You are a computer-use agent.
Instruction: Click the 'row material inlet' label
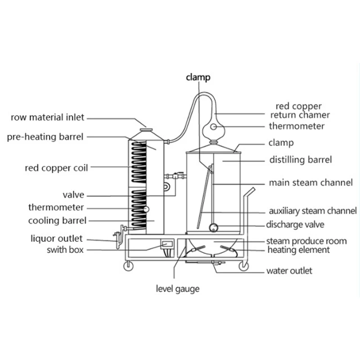point(47,118)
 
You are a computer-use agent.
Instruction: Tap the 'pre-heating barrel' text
point(45,137)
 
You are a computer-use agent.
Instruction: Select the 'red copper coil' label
point(56,168)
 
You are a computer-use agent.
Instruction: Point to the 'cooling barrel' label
point(57,220)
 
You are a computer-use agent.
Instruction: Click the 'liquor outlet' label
point(57,238)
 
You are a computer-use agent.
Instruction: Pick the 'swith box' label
point(65,250)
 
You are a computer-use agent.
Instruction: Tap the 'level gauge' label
point(177,289)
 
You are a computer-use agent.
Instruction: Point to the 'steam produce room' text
point(306,241)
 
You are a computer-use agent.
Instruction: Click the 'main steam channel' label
point(310,183)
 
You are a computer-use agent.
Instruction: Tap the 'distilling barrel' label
point(301,159)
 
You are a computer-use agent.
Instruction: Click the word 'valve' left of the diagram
point(73,195)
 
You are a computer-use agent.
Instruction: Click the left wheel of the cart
point(129,265)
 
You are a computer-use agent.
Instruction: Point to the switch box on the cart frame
point(166,245)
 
